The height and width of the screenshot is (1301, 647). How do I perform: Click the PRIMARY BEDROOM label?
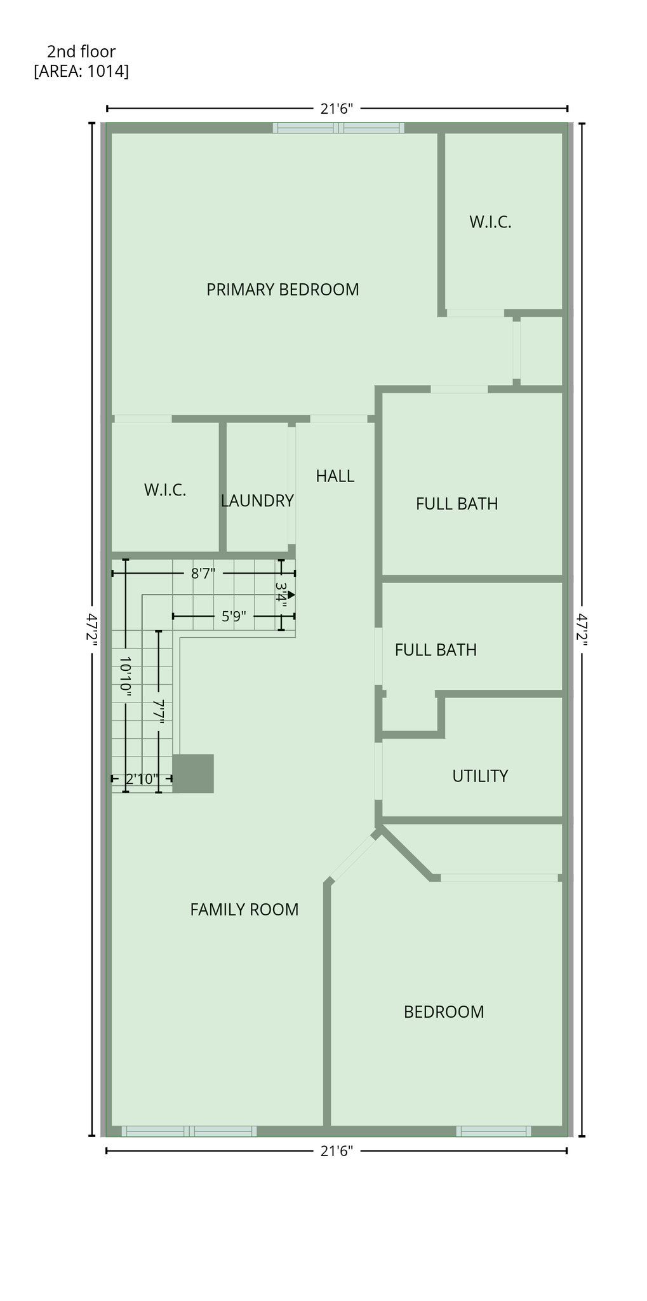[283, 290]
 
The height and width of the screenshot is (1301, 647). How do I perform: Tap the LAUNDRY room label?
[257, 501]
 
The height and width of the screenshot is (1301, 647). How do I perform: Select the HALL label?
[335, 476]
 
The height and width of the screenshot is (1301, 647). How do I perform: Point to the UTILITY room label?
[480, 776]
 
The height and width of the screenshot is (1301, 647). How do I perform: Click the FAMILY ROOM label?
[244, 909]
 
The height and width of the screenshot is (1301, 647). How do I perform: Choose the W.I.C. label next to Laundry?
[165, 490]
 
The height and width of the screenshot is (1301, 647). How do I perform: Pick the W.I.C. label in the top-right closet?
[490, 222]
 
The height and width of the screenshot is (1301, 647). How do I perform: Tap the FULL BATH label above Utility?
[436, 649]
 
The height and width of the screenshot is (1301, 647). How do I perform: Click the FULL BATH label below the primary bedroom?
[457, 504]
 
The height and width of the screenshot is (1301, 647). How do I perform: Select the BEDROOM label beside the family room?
[444, 1011]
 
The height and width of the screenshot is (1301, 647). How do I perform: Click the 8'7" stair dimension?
[203, 574]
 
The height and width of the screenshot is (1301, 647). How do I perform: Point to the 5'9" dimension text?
[234, 616]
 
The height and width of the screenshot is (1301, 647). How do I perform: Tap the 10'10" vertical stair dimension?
[126, 678]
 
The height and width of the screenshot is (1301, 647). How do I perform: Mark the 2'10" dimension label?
[141, 779]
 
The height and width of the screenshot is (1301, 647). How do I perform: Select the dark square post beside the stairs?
[193, 774]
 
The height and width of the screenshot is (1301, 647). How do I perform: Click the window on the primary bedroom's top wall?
[338, 128]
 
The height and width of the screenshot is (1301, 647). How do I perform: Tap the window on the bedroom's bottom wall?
[494, 1131]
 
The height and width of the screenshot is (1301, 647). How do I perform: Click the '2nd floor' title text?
[81, 51]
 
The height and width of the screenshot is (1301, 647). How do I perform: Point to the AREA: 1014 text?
[81, 71]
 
